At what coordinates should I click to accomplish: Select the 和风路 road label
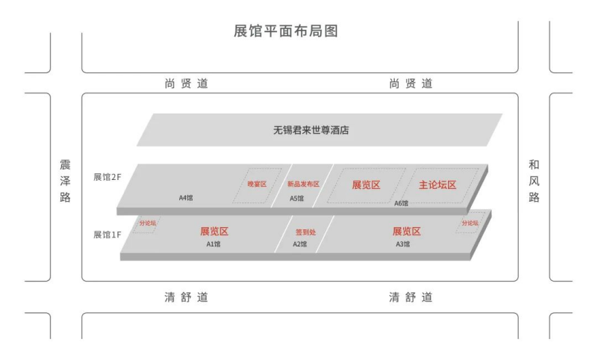coord(533,181)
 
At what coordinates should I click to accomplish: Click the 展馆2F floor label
coord(107,177)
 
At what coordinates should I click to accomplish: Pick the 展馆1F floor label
coord(107,235)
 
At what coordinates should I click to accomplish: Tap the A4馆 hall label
coord(186,198)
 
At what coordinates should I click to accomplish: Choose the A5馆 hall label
coord(297,198)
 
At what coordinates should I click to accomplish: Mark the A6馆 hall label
coord(401,202)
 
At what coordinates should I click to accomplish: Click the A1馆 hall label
coord(214,243)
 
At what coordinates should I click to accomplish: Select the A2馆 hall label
coord(300,243)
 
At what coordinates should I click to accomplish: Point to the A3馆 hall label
coord(403,243)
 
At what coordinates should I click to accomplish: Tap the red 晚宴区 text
coord(257,184)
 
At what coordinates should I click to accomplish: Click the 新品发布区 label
coord(303,184)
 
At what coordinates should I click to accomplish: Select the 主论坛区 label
coord(437,184)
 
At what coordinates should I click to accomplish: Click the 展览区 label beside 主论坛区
coord(367,184)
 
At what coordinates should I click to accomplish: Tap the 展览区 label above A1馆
coord(214,232)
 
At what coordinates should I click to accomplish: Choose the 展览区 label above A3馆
coord(407,232)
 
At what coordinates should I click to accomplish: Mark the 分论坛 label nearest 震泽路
coord(148,223)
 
